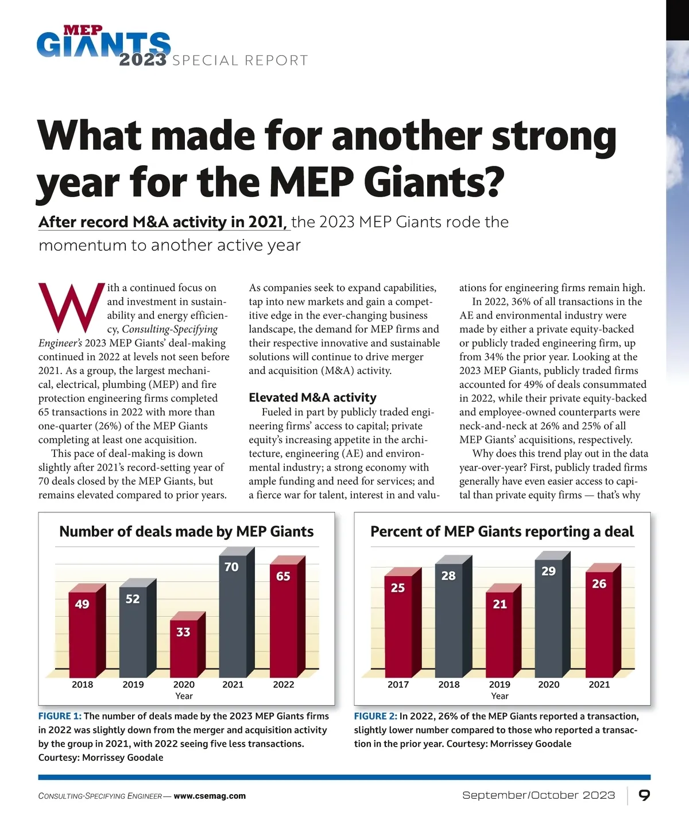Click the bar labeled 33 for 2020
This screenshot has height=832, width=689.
point(183,648)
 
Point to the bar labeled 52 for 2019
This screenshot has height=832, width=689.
point(133,631)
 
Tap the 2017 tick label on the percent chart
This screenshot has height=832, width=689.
point(398,685)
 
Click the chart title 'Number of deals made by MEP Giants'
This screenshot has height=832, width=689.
point(187,532)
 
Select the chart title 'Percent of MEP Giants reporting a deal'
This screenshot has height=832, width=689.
point(502,532)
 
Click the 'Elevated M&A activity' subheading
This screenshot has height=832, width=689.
point(312,398)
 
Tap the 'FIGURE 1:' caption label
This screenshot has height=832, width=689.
point(60,716)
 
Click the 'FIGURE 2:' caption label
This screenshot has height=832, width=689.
point(376,716)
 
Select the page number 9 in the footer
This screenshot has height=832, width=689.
point(644,795)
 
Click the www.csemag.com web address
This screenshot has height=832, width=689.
point(210,796)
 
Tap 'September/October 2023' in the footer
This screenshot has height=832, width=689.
point(539,795)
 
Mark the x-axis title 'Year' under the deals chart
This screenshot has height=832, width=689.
point(184,696)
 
